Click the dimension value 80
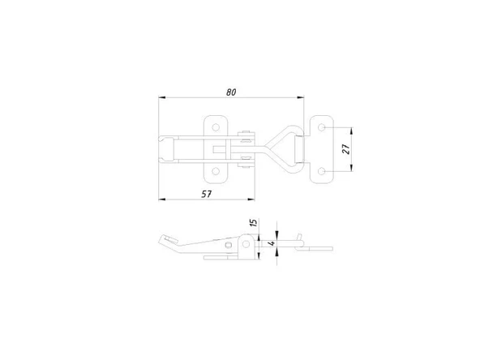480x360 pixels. pos(231,92)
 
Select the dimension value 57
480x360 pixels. pos(206,194)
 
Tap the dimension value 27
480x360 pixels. pos(346,149)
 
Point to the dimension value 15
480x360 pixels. pos(253,222)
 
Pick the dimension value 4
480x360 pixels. pos(272,244)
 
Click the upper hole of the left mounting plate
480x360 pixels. pos(216,127)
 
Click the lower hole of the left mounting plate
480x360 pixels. pos(216,171)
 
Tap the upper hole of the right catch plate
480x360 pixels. pos(321,127)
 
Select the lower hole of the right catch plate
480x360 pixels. pos(321,171)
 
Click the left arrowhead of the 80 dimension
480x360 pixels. pos(162,97)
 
